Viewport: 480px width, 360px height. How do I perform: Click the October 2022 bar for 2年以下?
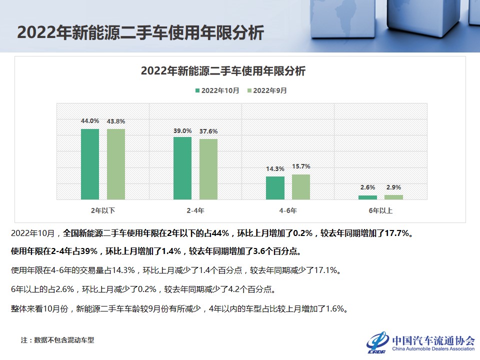tap(90, 164)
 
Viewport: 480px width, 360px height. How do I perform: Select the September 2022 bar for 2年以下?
tap(116, 164)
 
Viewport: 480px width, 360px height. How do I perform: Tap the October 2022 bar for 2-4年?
tap(182, 168)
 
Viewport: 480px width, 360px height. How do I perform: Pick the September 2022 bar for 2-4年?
tap(208, 169)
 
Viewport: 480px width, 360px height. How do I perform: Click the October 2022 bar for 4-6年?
tap(275, 188)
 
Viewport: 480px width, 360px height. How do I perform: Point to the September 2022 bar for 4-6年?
tap(301, 187)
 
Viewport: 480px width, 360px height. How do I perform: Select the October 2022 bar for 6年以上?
tap(367, 197)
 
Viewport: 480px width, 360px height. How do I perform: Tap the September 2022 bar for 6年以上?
tap(393, 197)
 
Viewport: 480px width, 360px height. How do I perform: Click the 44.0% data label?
tap(90, 121)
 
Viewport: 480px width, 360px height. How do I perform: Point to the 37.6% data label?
tap(208, 131)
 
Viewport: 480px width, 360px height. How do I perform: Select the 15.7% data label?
tap(301, 166)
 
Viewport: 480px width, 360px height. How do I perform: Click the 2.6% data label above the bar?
tap(367, 187)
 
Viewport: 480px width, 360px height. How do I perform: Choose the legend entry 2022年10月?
tap(217, 90)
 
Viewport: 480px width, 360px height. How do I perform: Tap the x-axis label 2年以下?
tap(103, 210)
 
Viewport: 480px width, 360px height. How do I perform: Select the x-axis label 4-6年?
tap(288, 210)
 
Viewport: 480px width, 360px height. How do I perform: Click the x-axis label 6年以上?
tap(380, 210)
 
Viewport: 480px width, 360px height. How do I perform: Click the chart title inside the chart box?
tap(223, 71)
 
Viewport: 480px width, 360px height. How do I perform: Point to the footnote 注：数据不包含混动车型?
tap(57, 340)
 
